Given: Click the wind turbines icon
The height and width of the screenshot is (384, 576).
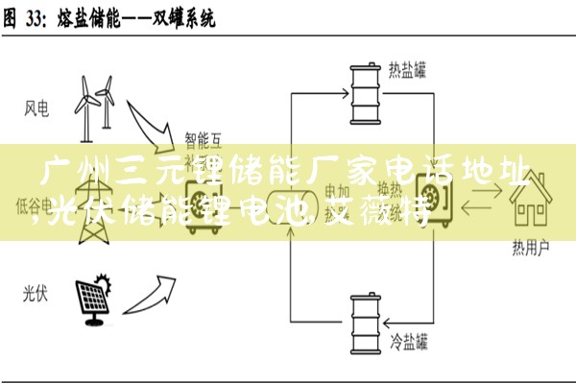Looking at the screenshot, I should (97, 106).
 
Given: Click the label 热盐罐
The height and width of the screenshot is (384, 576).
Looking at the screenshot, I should (407, 69).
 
